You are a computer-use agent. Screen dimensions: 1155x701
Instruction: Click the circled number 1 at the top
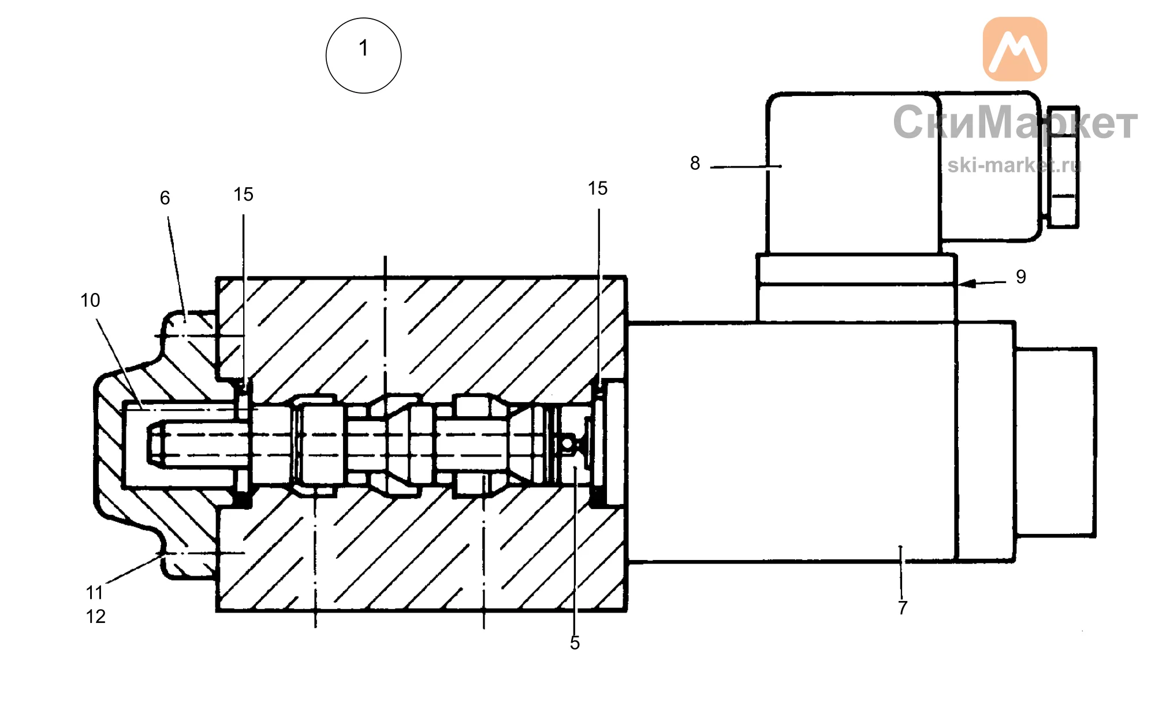363,55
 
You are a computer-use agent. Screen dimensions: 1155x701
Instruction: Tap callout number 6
165,198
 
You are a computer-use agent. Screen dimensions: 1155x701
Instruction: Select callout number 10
90,301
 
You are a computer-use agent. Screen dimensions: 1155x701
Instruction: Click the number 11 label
95,593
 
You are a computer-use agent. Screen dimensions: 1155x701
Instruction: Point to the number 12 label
96,617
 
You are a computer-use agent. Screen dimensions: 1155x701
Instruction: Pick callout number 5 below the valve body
575,643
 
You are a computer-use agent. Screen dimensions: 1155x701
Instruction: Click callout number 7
903,608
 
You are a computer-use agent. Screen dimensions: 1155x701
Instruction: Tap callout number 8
695,164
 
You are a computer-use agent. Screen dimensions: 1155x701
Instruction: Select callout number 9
1021,277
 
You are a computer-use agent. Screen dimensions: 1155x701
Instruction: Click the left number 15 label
243,195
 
